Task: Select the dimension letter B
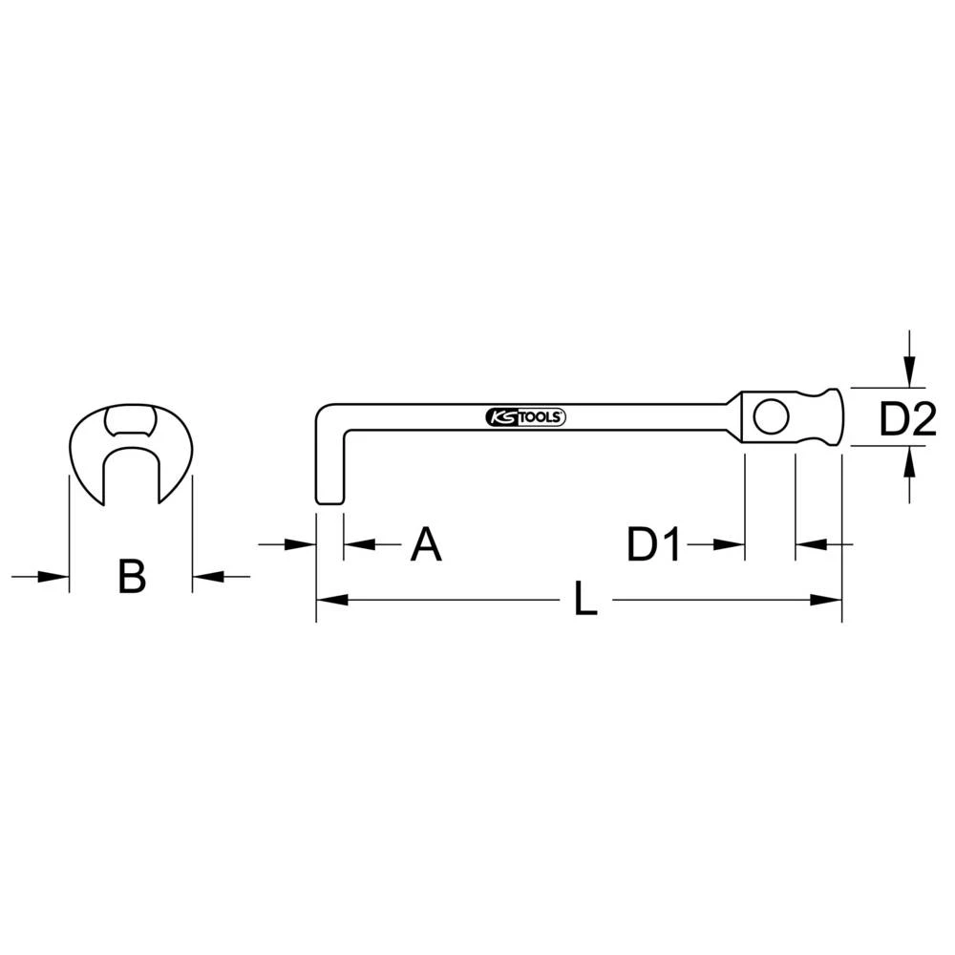tap(132, 577)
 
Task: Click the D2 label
tap(907, 419)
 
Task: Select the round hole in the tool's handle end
tap(769, 416)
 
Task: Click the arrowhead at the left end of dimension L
tap(327, 601)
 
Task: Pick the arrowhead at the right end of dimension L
tap(831, 601)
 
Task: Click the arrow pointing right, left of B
tap(57, 577)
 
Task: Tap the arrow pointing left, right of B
tap(204, 577)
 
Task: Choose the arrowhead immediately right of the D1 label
tap(733, 544)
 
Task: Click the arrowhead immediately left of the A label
tap(354, 544)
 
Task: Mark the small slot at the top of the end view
tap(131, 420)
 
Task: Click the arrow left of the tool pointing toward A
tap(304, 544)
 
